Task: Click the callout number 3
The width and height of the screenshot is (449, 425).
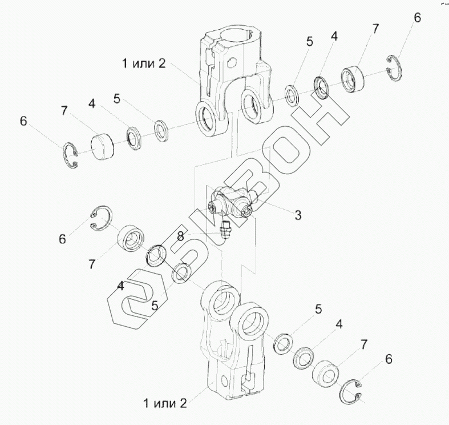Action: click(x=298, y=215)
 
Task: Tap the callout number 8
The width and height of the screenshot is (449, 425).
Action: click(x=180, y=235)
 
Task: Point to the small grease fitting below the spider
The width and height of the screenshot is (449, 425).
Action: click(x=225, y=232)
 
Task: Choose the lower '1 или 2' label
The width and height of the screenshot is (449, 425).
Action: click(x=165, y=403)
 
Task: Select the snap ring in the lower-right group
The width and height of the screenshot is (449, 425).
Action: click(x=355, y=392)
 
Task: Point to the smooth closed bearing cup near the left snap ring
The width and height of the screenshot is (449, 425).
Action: click(x=103, y=147)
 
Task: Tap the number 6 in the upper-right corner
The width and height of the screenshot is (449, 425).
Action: click(x=417, y=18)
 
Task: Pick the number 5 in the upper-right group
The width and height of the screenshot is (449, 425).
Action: click(x=309, y=41)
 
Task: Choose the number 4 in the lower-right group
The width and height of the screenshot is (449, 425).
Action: click(x=339, y=324)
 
